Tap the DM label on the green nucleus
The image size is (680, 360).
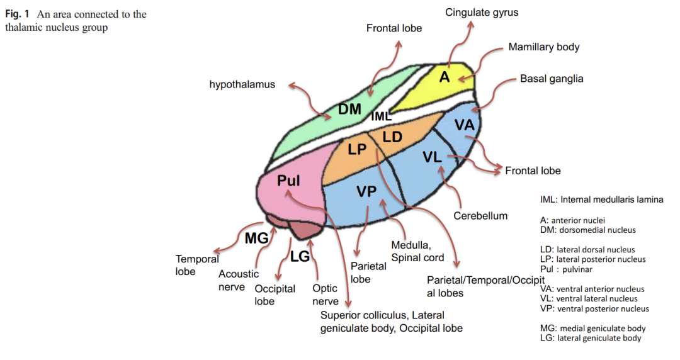pos(349,110)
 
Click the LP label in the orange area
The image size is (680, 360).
pos(358,150)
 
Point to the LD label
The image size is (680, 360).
pos(392,137)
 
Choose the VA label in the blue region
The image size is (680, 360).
pos(465,125)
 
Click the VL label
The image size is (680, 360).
pos(432,157)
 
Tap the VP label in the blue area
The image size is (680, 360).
pos(366,191)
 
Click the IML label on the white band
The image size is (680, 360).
pos(381,116)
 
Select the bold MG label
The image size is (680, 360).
pos(257,238)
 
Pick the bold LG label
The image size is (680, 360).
pos(300,256)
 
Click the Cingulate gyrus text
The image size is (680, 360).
pos(482,13)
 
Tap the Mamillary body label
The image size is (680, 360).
pos(544,47)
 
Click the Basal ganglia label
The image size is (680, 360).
pos(552,79)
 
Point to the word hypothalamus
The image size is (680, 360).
pos(242,84)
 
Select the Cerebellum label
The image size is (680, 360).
pos(480,216)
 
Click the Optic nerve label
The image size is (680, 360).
pos(326,295)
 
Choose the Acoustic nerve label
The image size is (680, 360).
pos(239,281)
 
